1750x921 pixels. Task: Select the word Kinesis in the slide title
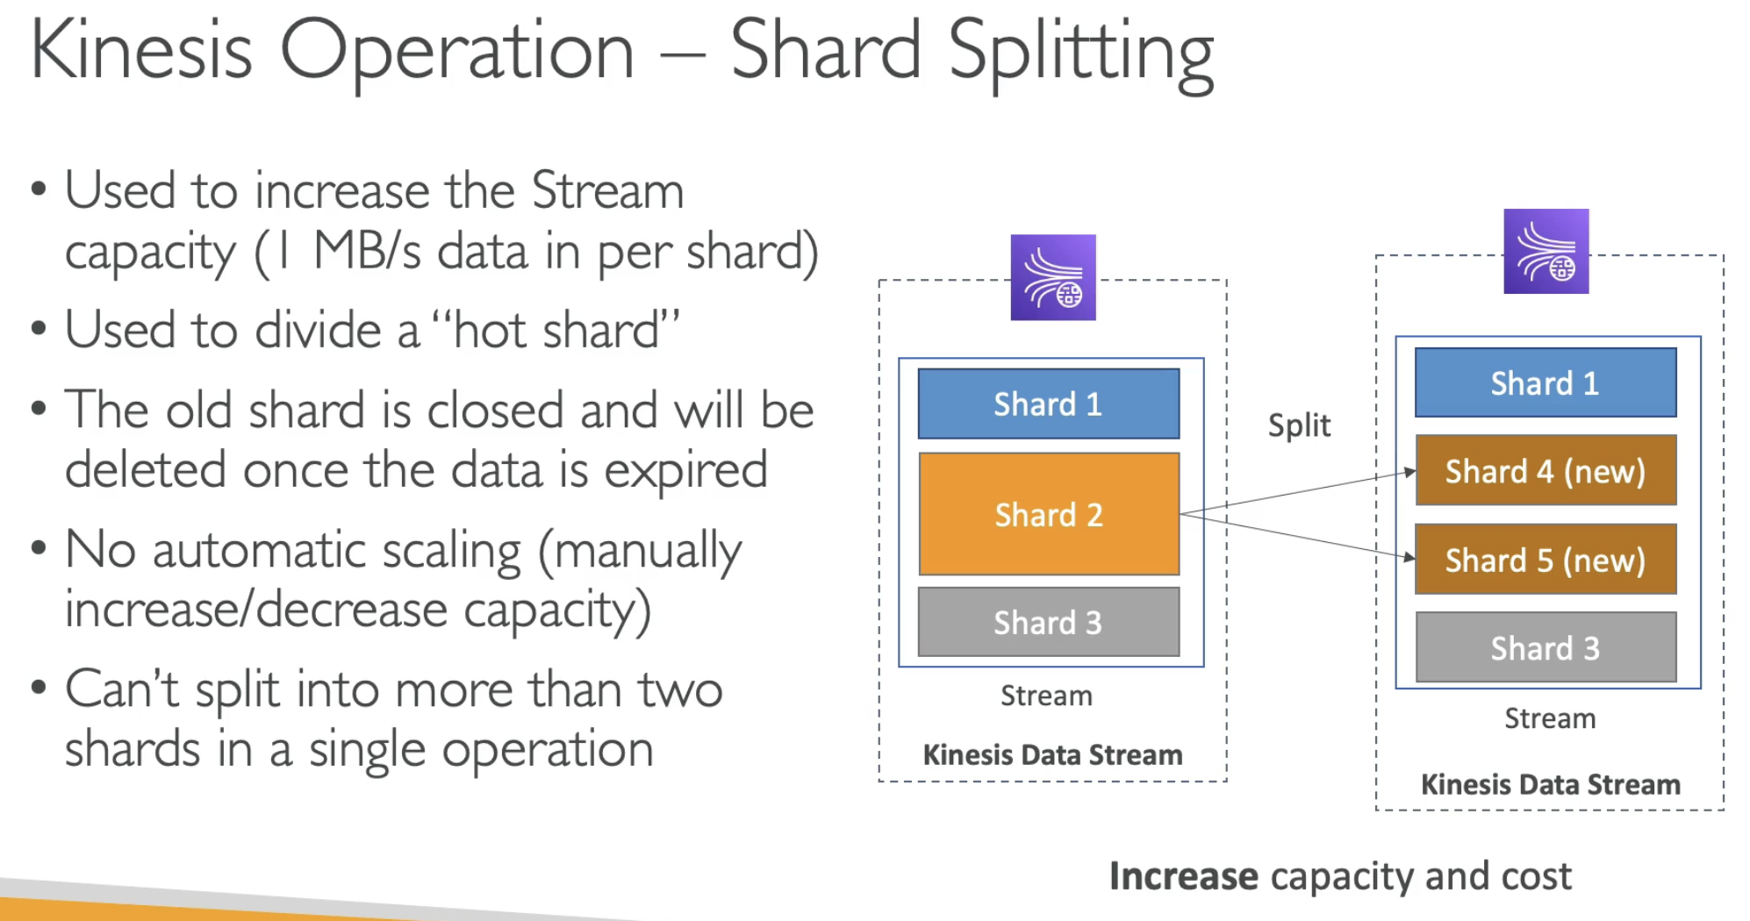(x=141, y=51)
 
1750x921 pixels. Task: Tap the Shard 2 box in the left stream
(x=1049, y=514)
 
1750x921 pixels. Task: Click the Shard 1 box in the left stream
(x=1049, y=403)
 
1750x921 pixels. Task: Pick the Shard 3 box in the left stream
(x=1049, y=622)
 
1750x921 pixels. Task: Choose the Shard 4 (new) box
(x=1546, y=471)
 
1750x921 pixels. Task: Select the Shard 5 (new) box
(x=1546, y=560)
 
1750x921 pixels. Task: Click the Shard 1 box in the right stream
(x=1546, y=382)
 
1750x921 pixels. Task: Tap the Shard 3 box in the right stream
(x=1546, y=648)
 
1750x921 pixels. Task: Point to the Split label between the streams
(x=1299, y=426)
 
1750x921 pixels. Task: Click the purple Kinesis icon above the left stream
(x=1053, y=277)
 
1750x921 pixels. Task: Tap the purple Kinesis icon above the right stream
(x=1546, y=251)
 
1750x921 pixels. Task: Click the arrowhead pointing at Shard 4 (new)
(x=1410, y=472)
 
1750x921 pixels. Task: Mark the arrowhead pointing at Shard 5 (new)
(x=1410, y=557)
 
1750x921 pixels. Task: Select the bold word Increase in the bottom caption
(x=1183, y=876)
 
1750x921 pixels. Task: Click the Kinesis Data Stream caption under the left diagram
(x=1052, y=755)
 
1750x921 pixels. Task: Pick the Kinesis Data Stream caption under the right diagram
(x=1551, y=784)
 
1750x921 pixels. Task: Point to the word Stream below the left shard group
(x=1046, y=696)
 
